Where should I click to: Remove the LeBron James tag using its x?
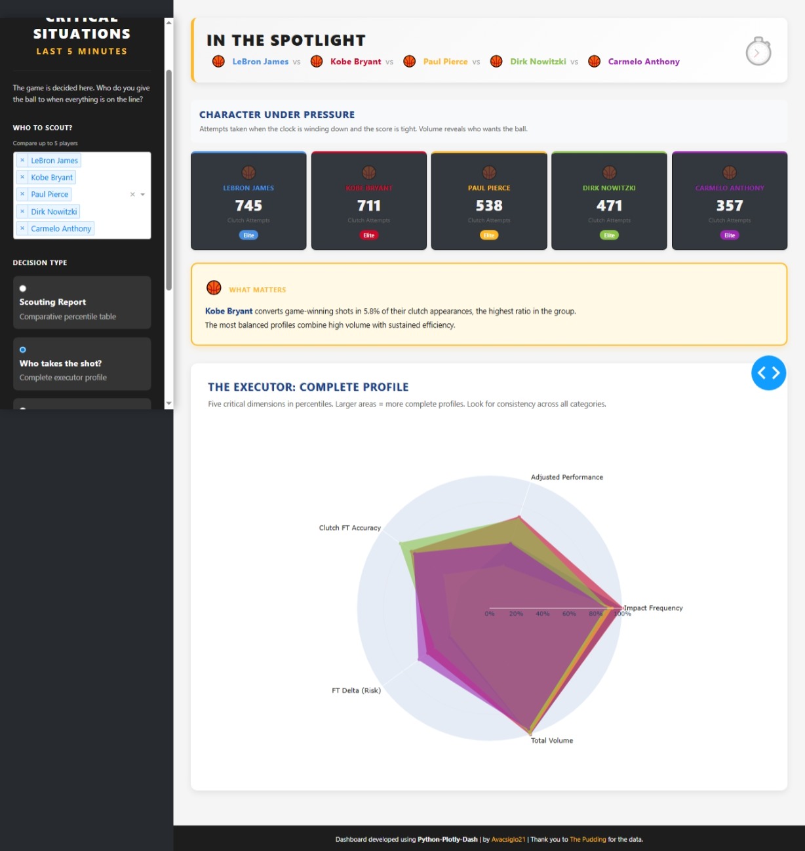(22, 161)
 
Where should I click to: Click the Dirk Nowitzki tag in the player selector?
(54, 212)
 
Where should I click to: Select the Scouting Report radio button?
(23, 288)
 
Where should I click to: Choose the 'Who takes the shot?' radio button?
(23, 350)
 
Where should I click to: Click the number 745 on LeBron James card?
(248, 206)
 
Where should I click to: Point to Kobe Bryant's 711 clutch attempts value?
(369, 206)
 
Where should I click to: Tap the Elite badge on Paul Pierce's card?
(489, 235)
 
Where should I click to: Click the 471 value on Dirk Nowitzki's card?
(609, 206)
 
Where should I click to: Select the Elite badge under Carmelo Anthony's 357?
(730, 235)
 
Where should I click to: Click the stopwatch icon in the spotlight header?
(758, 52)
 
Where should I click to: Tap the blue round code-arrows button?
(768, 373)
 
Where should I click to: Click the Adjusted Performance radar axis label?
(566, 477)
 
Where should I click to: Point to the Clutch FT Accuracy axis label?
(349, 528)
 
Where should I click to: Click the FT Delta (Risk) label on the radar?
(356, 690)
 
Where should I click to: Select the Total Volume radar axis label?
(551, 741)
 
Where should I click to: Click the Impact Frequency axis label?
(653, 608)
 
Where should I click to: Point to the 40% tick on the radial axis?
(542, 614)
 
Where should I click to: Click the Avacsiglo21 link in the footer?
(508, 839)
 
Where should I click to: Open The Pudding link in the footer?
(587, 839)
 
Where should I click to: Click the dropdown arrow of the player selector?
(143, 195)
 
